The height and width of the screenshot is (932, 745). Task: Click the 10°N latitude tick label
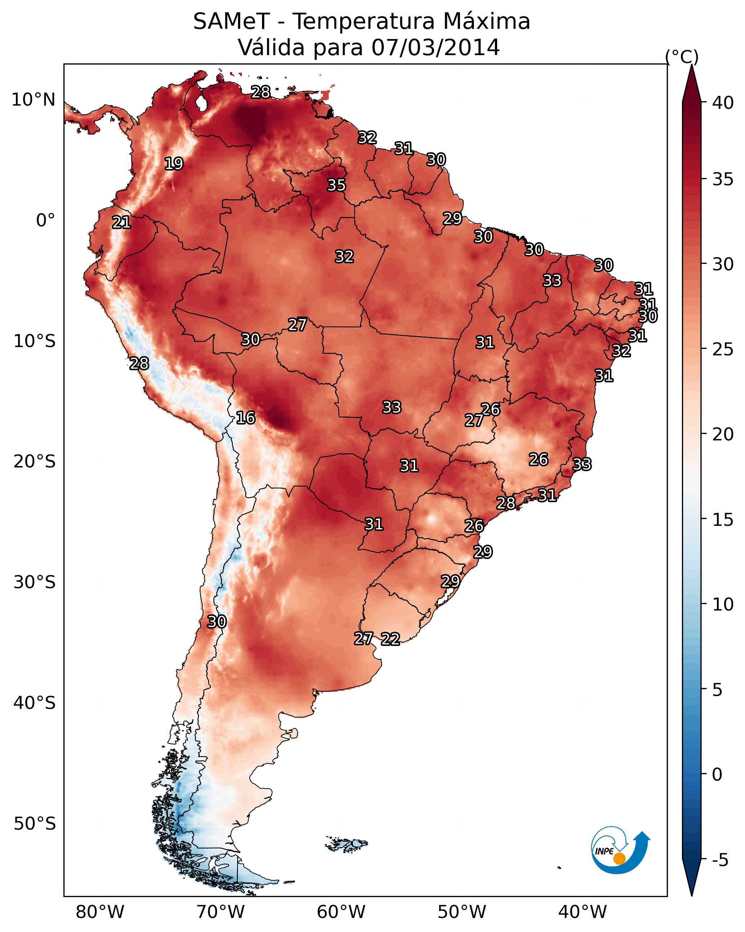point(33,100)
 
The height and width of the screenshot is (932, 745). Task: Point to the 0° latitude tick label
point(45,221)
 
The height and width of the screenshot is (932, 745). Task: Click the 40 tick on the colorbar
point(723,103)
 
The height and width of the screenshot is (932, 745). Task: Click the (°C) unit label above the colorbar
point(682,57)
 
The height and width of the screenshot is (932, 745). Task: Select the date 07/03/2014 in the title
point(435,47)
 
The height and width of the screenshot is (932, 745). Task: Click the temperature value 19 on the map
point(174,164)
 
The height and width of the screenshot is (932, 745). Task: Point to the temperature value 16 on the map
point(245,418)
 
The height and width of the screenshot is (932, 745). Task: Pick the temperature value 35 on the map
point(336,185)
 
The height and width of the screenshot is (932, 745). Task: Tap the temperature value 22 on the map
point(390,639)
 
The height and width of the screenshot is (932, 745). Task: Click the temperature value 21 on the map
point(121,222)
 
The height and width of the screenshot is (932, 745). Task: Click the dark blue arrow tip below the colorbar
point(691,895)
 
